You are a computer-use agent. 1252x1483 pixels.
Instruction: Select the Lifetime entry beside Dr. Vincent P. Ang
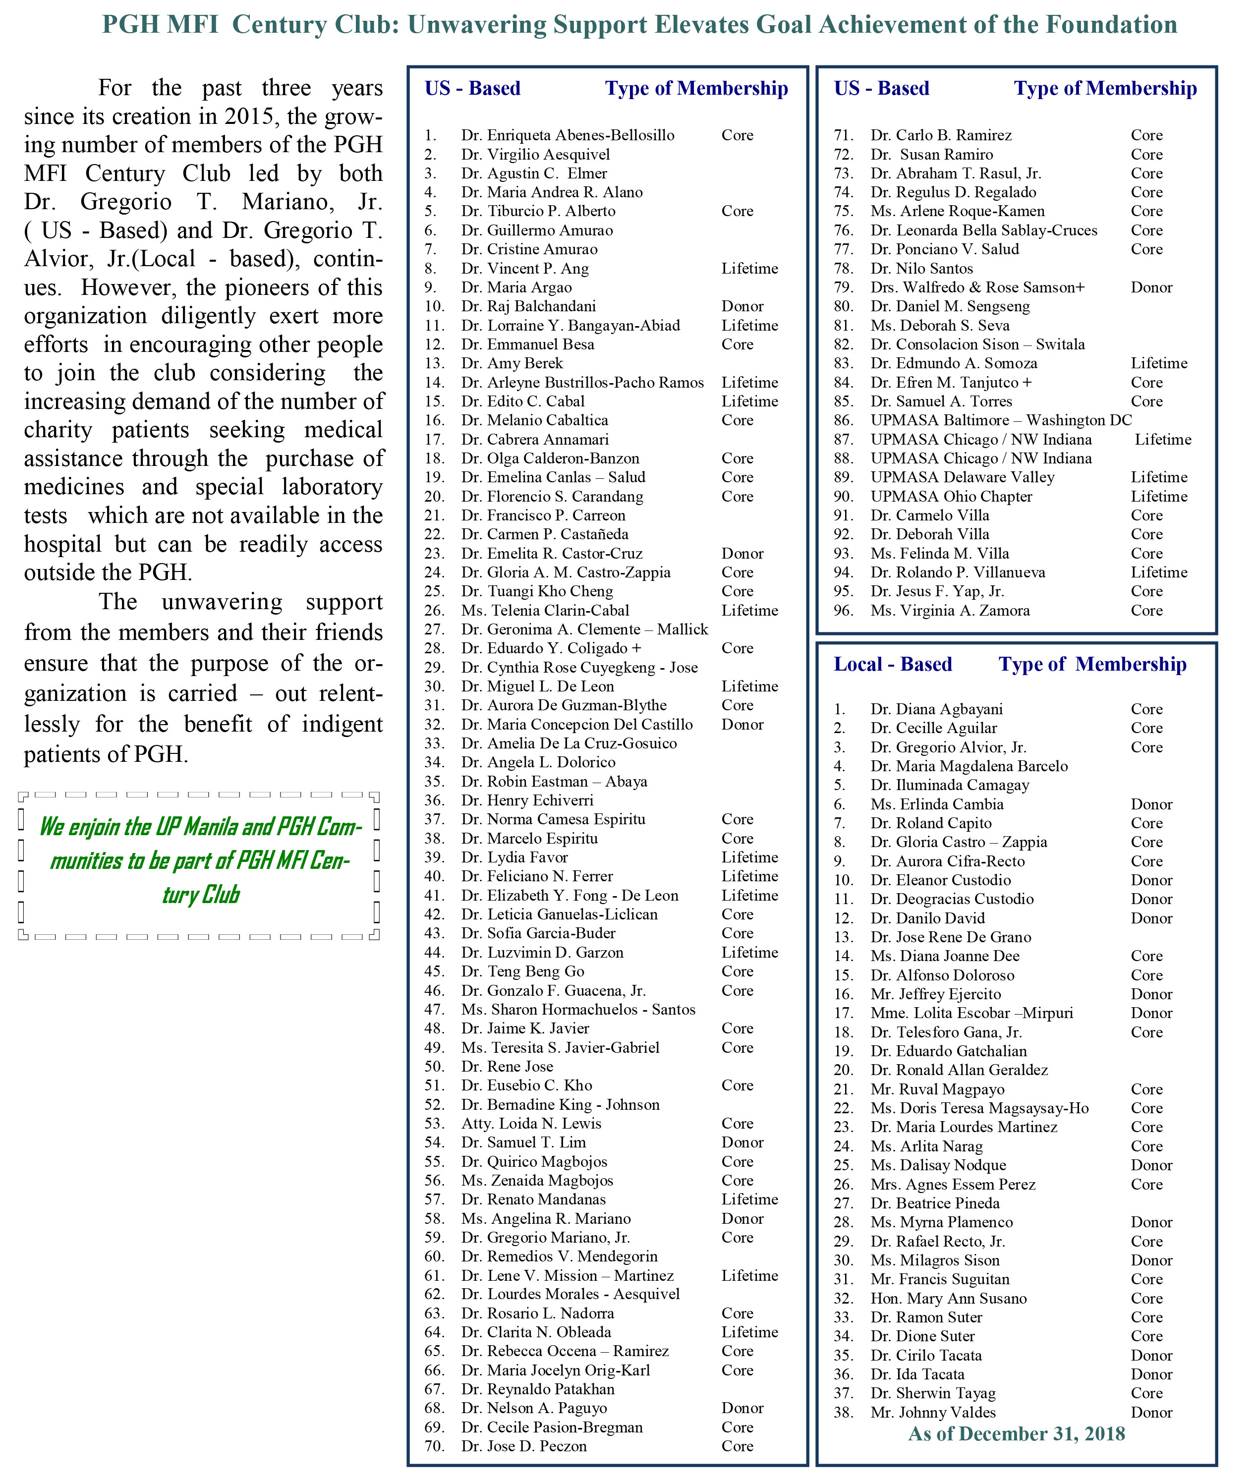click(x=749, y=268)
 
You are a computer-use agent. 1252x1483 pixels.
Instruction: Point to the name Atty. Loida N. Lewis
click(x=531, y=1123)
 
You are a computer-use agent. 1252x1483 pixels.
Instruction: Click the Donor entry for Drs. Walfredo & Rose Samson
click(x=1151, y=287)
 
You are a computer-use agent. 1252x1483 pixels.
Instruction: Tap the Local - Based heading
click(x=892, y=664)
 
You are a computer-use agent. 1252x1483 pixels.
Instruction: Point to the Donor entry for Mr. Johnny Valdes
click(x=1151, y=1412)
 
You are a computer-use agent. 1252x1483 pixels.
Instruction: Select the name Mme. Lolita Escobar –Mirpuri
click(x=971, y=1013)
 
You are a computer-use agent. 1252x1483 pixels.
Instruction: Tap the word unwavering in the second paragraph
click(x=222, y=602)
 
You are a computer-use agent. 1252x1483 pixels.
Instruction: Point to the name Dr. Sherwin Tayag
click(x=933, y=1393)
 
